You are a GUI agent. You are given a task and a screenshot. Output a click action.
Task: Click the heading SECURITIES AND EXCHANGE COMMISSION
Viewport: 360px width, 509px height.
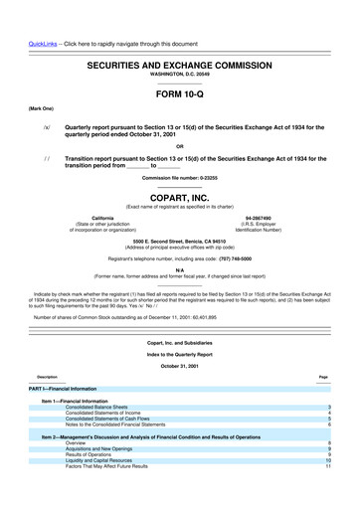coord(181,63)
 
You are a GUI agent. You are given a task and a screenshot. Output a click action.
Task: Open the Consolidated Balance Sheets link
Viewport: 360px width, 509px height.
coord(96,435)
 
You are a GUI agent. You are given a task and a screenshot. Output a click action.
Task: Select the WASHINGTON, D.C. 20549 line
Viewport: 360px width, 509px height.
coord(180,74)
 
